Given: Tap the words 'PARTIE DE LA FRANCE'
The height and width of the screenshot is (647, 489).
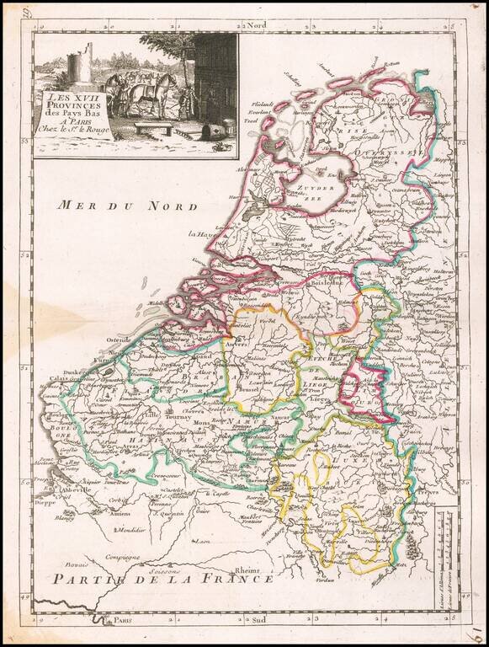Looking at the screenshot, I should (161, 579).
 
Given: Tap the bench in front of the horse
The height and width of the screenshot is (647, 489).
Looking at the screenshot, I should (152, 127).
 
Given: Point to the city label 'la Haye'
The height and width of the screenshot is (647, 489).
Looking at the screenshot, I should (202, 234).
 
